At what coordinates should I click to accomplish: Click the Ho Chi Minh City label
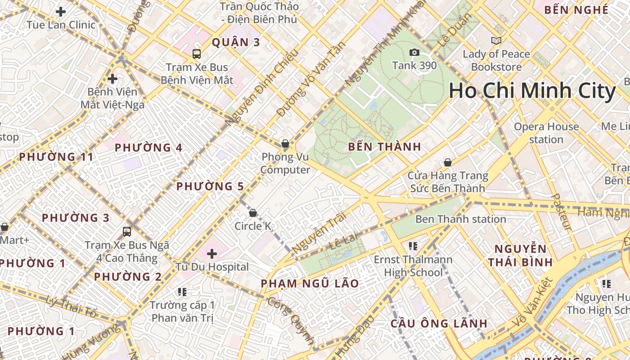(532, 91)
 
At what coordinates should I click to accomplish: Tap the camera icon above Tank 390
(414, 53)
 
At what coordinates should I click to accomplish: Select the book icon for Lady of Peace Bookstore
(496, 41)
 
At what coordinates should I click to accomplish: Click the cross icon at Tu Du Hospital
(212, 254)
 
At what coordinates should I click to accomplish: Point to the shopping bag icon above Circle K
(253, 212)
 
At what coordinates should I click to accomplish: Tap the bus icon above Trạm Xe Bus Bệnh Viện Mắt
(197, 54)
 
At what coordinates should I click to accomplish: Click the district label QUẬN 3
(236, 42)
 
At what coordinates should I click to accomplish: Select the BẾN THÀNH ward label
(385, 146)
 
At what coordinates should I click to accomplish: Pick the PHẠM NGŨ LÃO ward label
(310, 283)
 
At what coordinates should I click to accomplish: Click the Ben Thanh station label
(460, 219)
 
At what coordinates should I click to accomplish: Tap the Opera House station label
(546, 133)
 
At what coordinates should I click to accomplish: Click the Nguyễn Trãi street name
(319, 233)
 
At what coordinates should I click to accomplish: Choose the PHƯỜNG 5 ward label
(210, 186)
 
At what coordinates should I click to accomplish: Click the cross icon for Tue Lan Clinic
(61, 12)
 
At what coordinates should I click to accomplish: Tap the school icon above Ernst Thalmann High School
(413, 246)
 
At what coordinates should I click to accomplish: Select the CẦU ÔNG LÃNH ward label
(439, 323)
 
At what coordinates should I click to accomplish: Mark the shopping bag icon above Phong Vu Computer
(285, 144)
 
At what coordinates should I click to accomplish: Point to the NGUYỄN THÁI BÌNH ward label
(520, 255)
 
